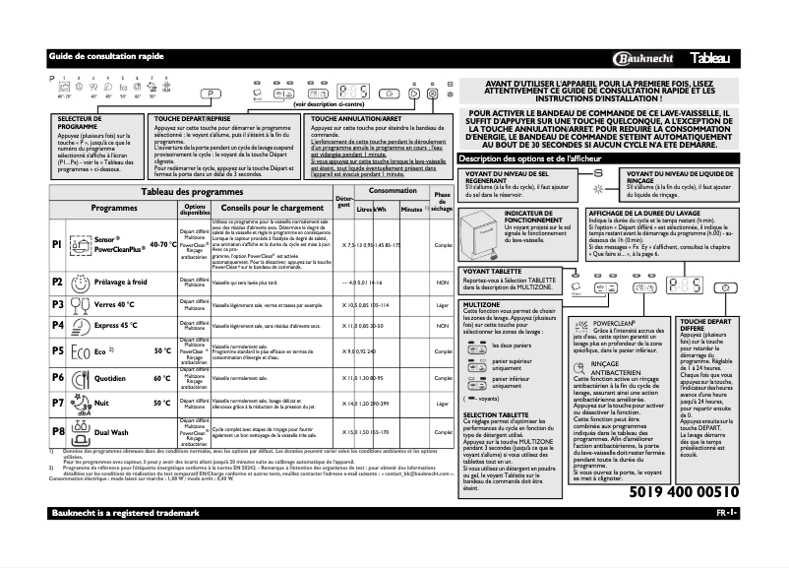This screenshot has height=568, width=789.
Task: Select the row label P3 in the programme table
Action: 57,305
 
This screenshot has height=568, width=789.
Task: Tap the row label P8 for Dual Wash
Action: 57,431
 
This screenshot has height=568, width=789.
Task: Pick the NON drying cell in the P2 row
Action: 442,282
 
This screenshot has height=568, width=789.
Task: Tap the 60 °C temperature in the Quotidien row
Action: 161,378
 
